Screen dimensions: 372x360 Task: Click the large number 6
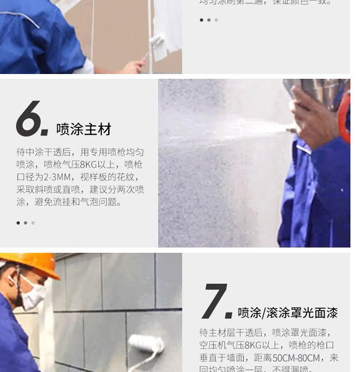[x=30, y=119]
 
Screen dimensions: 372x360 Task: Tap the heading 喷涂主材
[x=84, y=129]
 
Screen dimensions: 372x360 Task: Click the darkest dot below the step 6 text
[x=18, y=223]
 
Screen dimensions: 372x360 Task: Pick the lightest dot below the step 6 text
[x=33, y=223]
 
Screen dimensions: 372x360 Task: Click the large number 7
[x=215, y=301]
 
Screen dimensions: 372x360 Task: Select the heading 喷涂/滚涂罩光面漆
[x=288, y=313]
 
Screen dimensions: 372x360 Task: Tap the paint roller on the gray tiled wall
[x=146, y=344]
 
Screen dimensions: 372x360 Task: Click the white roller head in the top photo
[x=157, y=40]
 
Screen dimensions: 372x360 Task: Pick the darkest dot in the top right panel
[x=201, y=20]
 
